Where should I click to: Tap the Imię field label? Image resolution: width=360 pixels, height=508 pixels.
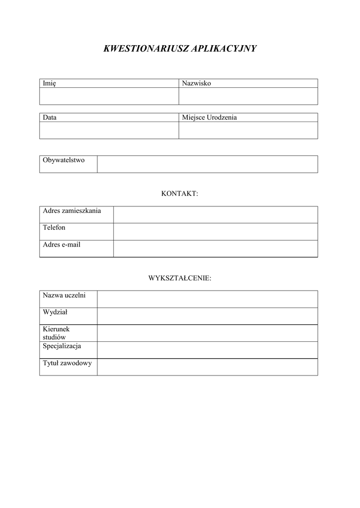tap(49, 83)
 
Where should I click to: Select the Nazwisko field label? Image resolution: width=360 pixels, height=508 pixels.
tap(197, 83)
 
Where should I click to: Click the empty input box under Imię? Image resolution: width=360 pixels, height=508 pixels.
tap(109, 96)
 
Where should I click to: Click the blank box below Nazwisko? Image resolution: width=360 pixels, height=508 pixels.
tap(248, 96)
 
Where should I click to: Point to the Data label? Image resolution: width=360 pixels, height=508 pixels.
tap(50, 118)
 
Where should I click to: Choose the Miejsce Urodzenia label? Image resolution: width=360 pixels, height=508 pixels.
tap(210, 118)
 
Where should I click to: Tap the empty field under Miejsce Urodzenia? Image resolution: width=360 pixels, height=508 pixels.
tap(248, 130)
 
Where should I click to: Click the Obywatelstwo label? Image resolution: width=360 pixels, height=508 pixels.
tap(64, 160)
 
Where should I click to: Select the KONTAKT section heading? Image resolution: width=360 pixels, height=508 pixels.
tap(180, 193)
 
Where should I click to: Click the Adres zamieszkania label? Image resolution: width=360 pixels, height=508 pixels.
tap(72, 211)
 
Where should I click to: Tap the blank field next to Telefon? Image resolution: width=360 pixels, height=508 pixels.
tap(216, 232)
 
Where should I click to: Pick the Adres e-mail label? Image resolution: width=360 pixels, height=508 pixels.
tap(62, 245)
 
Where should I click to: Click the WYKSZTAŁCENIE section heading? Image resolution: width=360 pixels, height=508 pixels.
tap(180, 278)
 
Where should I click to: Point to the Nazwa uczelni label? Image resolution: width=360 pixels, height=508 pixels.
tap(64, 295)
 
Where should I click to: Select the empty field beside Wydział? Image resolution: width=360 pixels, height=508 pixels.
tap(207, 316)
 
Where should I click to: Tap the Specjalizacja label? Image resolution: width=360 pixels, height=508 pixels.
tap(62, 346)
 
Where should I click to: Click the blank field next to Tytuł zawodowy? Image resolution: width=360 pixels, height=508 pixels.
tap(207, 367)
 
